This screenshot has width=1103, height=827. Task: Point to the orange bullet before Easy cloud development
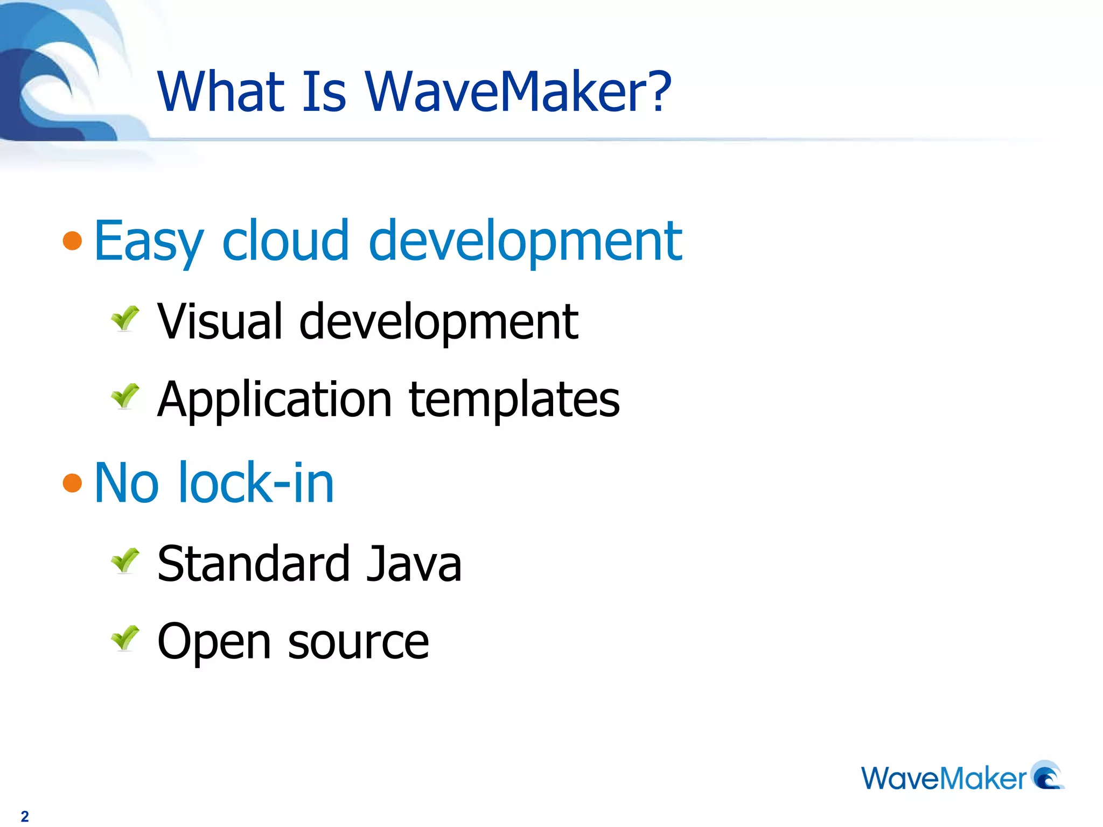(72, 241)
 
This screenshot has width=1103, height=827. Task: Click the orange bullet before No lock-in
(72, 483)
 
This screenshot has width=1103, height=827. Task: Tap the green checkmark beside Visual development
(125, 318)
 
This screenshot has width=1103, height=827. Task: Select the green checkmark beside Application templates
(125, 396)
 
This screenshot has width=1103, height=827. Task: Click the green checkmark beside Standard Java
(125, 560)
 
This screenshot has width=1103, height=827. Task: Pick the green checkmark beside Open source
(125, 639)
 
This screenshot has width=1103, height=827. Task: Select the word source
(358, 642)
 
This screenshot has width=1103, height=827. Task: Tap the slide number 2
(25, 816)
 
